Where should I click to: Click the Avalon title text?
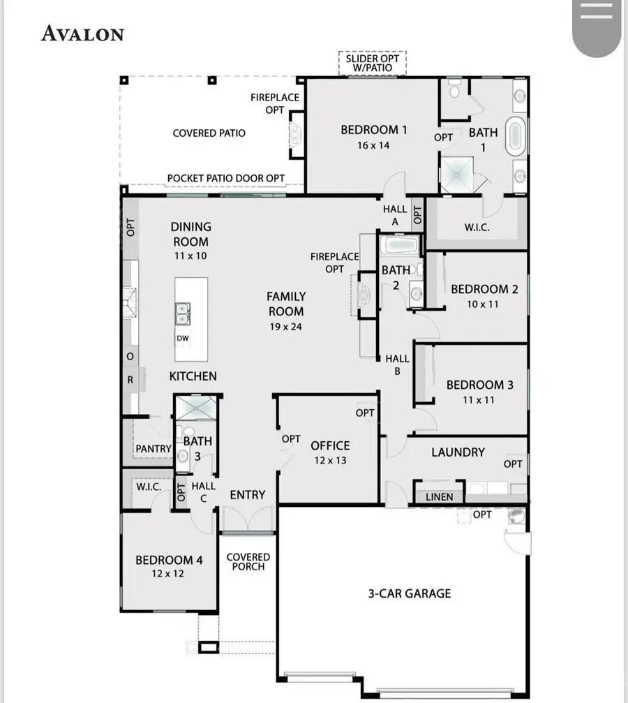pyautogui.click(x=82, y=34)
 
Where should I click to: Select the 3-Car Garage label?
pyautogui.click(x=410, y=593)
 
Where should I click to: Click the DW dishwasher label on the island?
pyautogui.click(x=182, y=339)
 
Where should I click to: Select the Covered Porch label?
pyautogui.click(x=248, y=561)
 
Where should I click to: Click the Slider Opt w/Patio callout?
pyautogui.click(x=373, y=63)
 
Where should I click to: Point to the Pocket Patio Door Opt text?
pyautogui.click(x=225, y=178)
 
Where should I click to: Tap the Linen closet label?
pyautogui.click(x=439, y=496)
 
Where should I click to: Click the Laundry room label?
pyautogui.click(x=458, y=452)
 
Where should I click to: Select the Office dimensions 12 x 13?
pyautogui.click(x=330, y=460)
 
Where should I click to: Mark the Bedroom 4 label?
pyautogui.click(x=169, y=560)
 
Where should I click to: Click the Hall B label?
pyautogui.click(x=397, y=365)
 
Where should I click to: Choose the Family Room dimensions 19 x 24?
pyautogui.click(x=286, y=326)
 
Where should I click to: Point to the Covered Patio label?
pyautogui.click(x=209, y=133)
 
